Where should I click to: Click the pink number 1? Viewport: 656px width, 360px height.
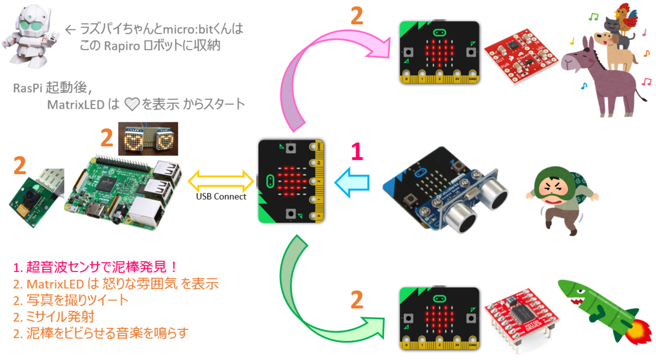[x=356, y=152]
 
